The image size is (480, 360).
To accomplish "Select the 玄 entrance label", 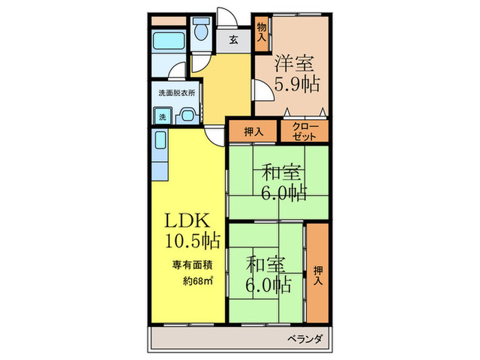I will click(x=234, y=40).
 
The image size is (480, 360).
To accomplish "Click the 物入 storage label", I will click(x=261, y=34).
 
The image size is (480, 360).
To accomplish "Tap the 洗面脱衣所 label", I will click(x=176, y=93).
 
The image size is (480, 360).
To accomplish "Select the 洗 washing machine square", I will click(x=163, y=117).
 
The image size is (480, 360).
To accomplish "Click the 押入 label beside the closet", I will click(x=254, y=131).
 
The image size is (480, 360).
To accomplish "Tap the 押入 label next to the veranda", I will click(x=317, y=272).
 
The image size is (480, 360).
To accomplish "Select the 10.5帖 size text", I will click(x=192, y=241).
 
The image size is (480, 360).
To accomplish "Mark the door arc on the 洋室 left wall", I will click(x=261, y=90).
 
